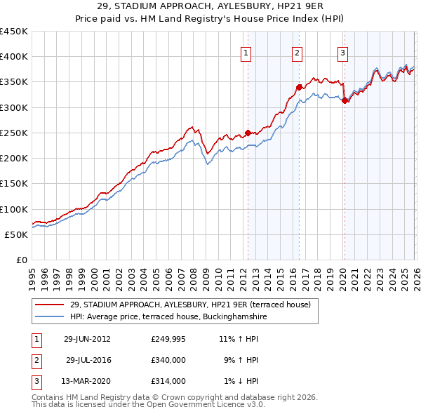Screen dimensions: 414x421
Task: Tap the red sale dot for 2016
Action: pyautogui.click(x=299, y=87)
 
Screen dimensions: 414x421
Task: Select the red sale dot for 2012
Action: pyautogui.click(x=248, y=133)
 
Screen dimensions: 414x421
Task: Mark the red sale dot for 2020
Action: pyautogui.click(x=345, y=100)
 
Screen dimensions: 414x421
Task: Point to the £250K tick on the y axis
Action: pyautogui.click(x=14, y=133)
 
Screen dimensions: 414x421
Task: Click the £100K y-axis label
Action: pyautogui.click(x=14, y=209)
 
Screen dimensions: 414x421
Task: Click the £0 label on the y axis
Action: pyautogui.click(x=22, y=260)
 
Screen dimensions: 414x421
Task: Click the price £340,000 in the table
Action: pyautogui.click(x=168, y=360)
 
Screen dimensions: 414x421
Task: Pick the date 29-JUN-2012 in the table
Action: pyautogui.click(x=87, y=339)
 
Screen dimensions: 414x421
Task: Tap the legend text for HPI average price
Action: pyautogui.click(x=168, y=316)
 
